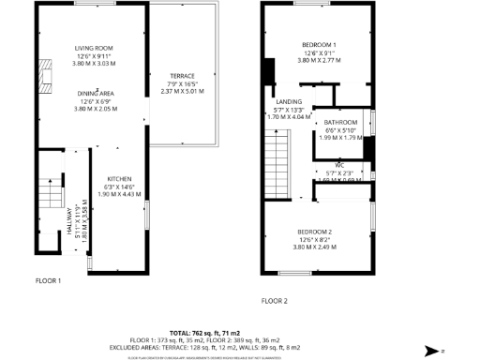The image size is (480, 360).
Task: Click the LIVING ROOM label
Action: point(95,48)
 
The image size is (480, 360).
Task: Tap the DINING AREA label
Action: point(95,93)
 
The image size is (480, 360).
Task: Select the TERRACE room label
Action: point(182,75)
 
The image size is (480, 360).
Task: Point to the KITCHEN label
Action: point(120,178)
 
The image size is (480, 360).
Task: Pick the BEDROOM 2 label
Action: point(318,232)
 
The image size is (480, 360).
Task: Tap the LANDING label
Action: point(288,101)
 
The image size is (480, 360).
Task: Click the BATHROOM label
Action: point(341,123)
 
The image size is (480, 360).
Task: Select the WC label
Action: point(340,165)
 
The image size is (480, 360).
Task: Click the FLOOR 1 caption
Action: point(48,280)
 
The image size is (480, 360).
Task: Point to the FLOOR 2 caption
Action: point(274,301)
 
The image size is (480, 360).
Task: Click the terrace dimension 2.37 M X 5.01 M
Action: point(182,92)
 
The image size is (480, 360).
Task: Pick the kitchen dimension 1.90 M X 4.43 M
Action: point(120,194)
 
